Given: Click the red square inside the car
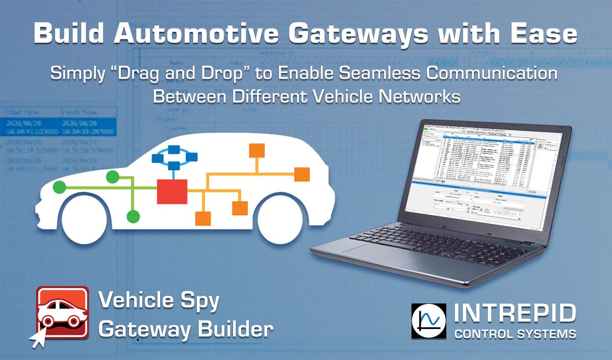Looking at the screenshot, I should (x=172, y=191).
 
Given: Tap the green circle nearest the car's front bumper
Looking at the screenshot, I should (x=60, y=187).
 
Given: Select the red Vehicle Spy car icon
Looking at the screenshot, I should (x=61, y=312).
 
